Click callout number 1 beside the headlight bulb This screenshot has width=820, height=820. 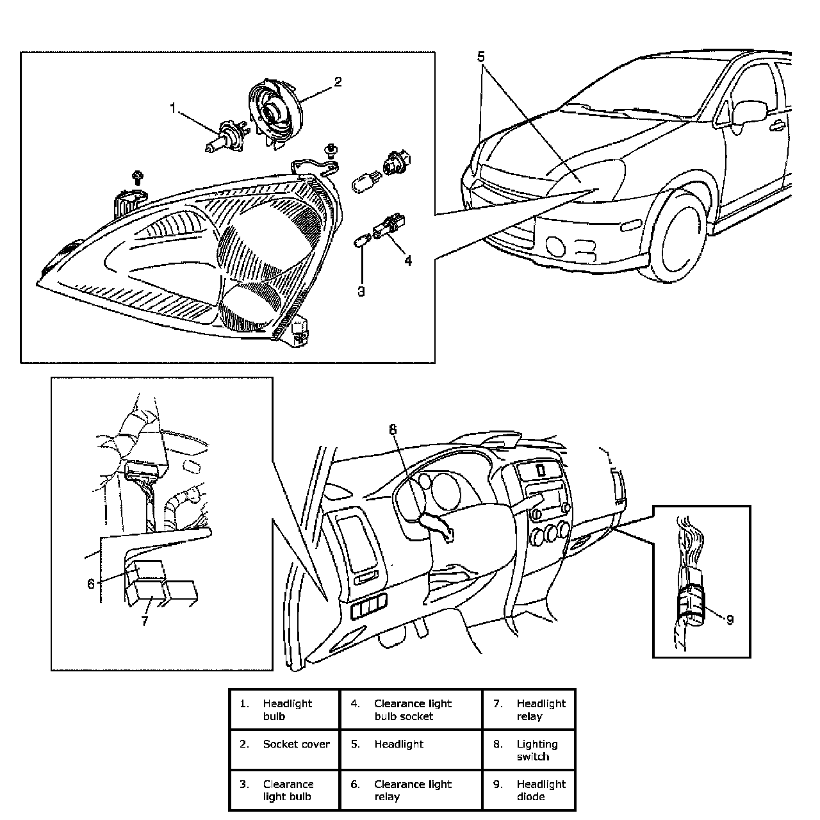point(172,108)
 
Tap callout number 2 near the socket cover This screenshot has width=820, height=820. point(338,82)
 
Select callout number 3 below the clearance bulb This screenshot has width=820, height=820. point(361,291)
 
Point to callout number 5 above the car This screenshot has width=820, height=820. point(482,56)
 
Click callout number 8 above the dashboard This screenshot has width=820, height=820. point(393,430)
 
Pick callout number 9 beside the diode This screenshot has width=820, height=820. point(730,619)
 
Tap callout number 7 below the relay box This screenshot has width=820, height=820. point(145,621)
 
